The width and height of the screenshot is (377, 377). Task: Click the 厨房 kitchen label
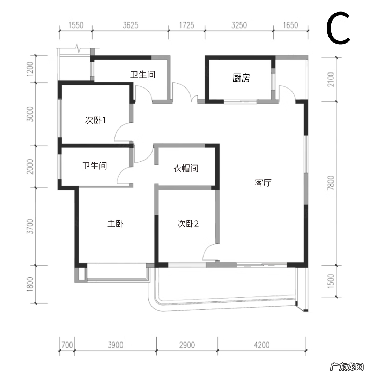click(241, 78)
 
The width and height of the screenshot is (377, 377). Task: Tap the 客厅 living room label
click(263, 183)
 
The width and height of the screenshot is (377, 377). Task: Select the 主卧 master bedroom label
click(115, 224)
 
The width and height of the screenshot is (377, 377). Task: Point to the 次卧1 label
click(96, 120)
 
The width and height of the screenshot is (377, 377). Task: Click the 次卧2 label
click(188, 224)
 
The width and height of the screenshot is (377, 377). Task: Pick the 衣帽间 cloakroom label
click(186, 168)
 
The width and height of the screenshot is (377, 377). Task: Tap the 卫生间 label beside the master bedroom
click(94, 166)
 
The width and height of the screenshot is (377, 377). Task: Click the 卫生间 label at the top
click(143, 75)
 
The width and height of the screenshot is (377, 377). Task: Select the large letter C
click(338, 29)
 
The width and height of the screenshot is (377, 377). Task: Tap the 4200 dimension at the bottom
click(262, 345)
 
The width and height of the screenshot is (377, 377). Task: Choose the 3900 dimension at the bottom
click(115, 345)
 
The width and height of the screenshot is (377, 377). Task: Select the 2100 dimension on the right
click(331, 79)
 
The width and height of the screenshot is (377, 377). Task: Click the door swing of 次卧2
click(210, 252)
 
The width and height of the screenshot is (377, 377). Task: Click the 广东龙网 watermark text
click(347, 367)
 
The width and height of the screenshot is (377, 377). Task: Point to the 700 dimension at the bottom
click(67, 345)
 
